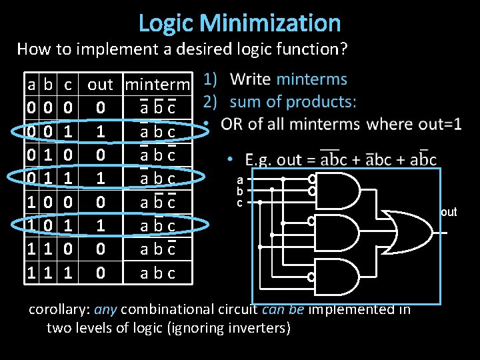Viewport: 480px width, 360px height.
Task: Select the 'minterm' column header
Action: (158, 85)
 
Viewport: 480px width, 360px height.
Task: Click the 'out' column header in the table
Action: (100, 85)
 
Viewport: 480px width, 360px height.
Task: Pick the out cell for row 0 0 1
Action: (100, 131)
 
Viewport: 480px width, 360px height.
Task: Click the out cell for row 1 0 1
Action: (100, 226)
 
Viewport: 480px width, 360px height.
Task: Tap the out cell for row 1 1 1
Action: (100, 273)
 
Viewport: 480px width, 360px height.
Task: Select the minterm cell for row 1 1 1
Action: (158, 273)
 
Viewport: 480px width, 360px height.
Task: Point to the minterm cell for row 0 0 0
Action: (158, 108)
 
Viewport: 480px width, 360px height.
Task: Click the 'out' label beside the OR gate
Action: (449, 213)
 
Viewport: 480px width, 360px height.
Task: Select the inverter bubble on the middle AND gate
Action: (311, 220)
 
